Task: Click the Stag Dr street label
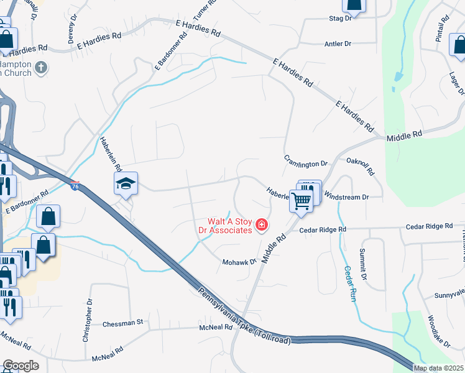coord(340,19)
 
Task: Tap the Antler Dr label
coord(338,44)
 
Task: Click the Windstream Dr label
coord(347,197)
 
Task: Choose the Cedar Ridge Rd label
coord(323,229)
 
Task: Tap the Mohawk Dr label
coord(240,262)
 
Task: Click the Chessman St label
coord(123,323)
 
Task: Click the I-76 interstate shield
coord(75,186)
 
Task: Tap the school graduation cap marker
coord(126,183)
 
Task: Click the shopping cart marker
coord(301,201)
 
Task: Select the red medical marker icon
coord(262,224)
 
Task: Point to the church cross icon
coord(42,68)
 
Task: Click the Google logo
coord(21,366)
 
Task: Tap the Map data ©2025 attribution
coord(438,368)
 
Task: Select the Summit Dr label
coord(364,264)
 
